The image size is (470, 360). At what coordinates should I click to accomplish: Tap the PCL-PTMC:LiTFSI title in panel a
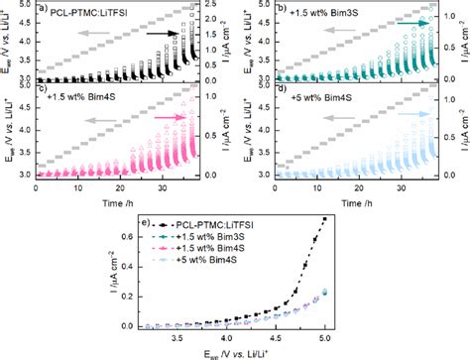tap(90, 13)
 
